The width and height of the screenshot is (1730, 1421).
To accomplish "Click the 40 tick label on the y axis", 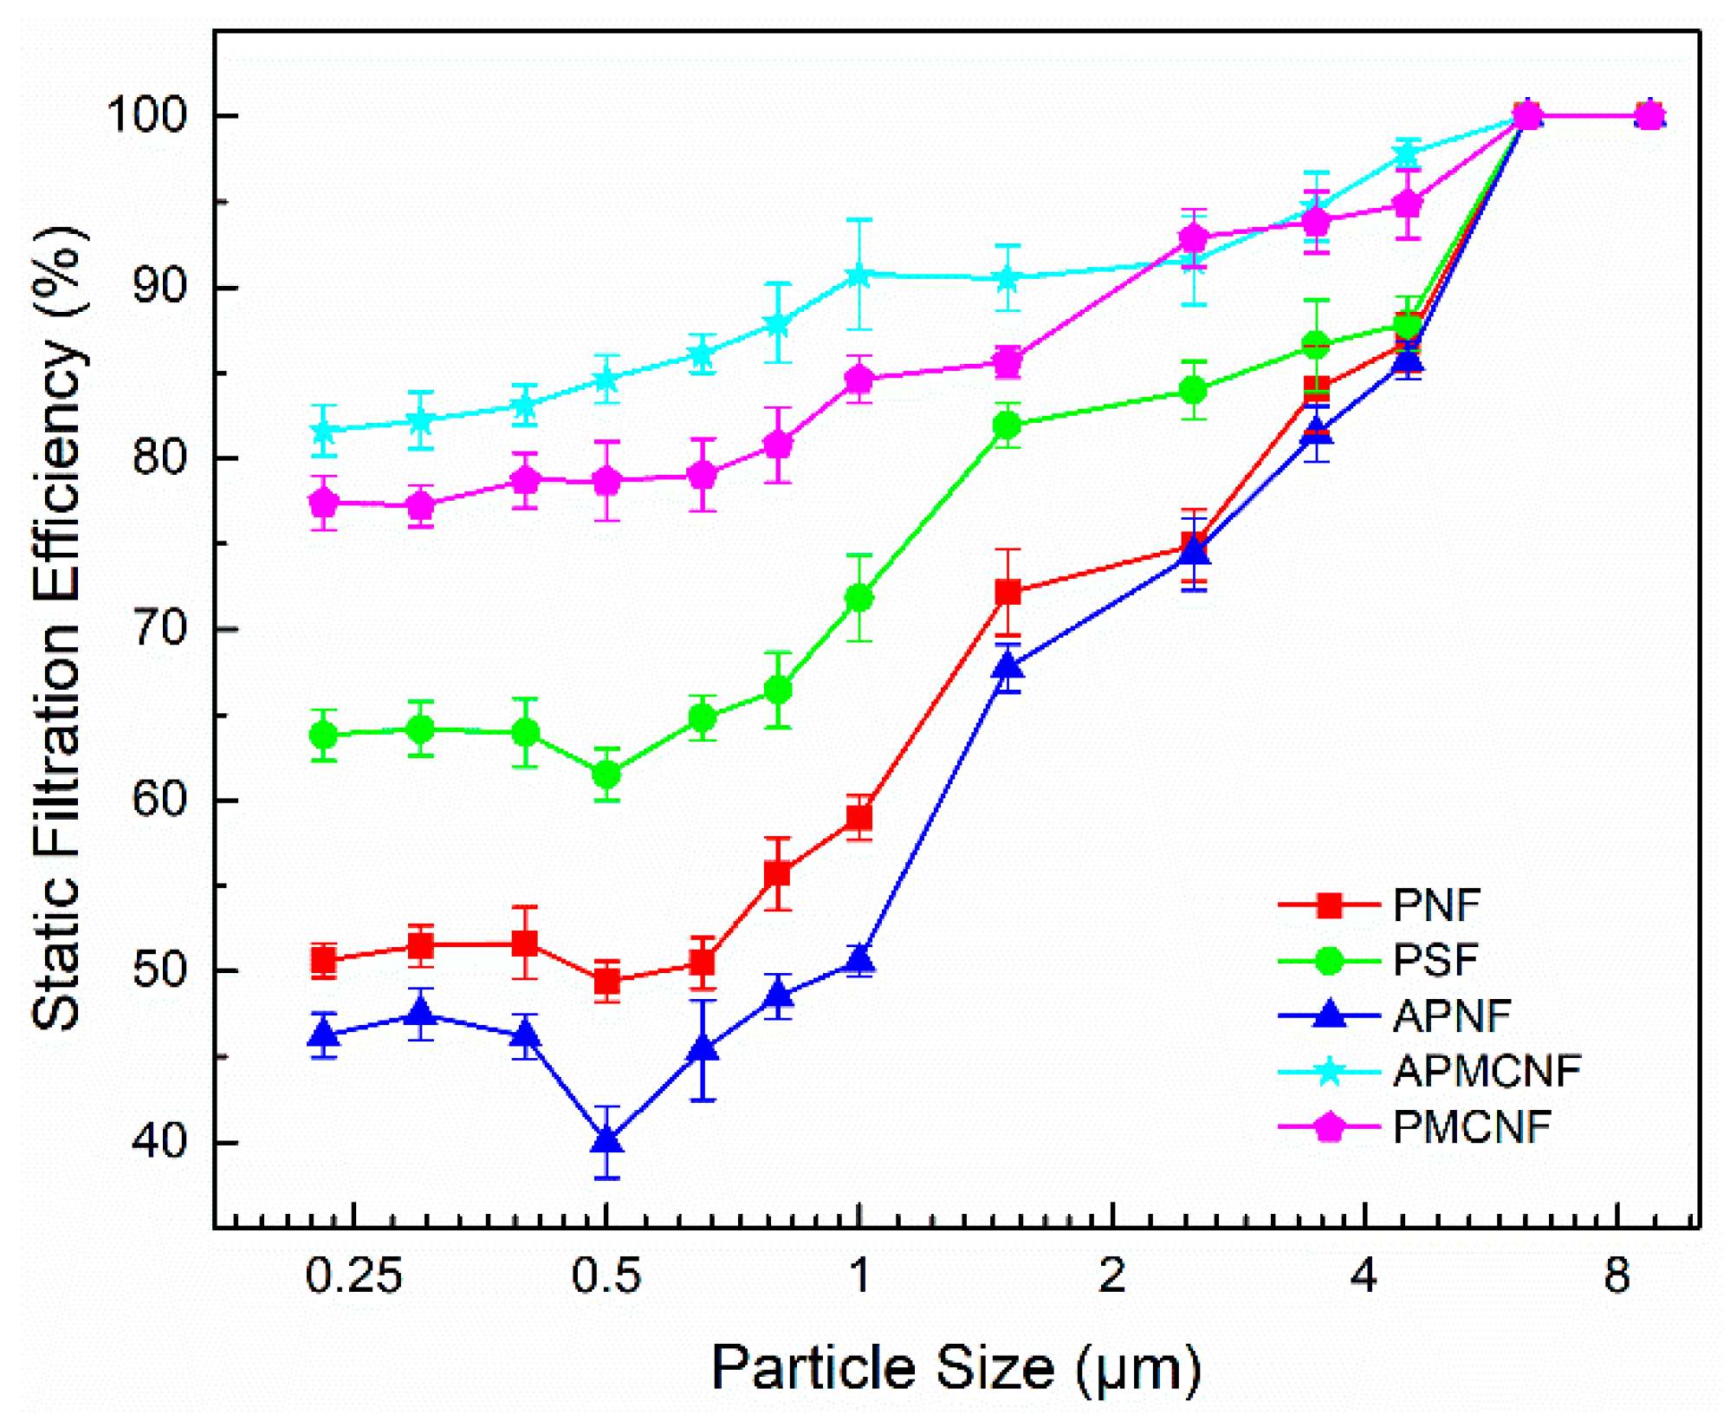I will [x=159, y=1142].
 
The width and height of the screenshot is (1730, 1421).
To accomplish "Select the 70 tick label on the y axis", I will [x=159, y=628].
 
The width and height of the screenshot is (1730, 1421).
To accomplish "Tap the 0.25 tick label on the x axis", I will [x=353, y=1276].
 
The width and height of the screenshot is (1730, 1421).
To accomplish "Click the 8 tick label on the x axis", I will [x=1617, y=1276].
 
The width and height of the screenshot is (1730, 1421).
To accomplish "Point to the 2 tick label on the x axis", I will [x=1111, y=1276].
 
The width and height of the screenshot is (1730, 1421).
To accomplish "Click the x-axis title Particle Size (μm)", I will [x=956, y=1368].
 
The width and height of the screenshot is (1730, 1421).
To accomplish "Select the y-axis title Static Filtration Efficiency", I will [x=56, y=628].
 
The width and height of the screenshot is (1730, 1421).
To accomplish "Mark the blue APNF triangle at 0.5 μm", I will [x=606, y=1140].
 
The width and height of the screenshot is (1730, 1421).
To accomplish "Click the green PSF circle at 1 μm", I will [x=859, y=598].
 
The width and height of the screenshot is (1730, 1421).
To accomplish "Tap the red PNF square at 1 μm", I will [x=859, y=818].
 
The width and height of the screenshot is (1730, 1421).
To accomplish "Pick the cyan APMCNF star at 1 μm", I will [x=859, y=276].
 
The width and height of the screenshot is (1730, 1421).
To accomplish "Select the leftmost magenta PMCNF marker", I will [x=323, y=502].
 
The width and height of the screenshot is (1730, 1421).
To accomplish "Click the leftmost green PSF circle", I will [x=323, y=736].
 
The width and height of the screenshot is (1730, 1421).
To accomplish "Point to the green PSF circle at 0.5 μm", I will [x=606, y=774].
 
